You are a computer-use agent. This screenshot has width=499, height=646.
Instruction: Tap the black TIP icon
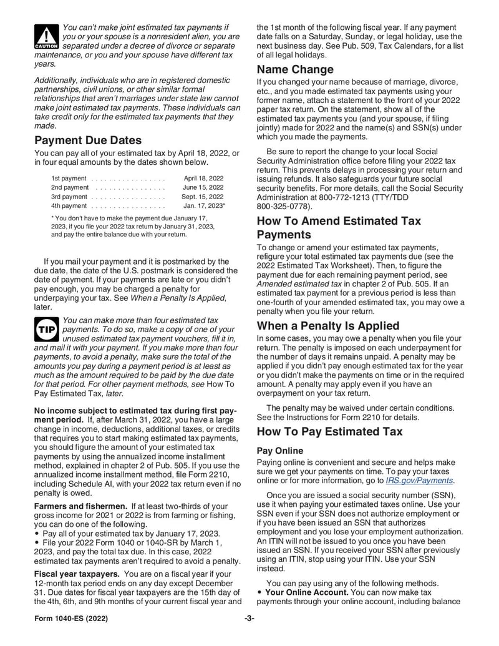click(46, 329)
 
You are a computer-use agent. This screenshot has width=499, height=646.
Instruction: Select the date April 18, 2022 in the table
click(204, 178)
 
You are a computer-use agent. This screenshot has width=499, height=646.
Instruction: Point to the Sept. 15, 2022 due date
click(201, 197)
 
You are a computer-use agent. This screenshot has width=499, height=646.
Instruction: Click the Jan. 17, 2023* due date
click(203, 205)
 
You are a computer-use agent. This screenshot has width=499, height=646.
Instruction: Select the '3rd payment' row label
click(69, 197)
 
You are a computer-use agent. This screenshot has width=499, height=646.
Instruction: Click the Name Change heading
click(295, 69)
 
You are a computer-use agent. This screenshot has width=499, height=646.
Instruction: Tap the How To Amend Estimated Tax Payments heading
click(339, 228)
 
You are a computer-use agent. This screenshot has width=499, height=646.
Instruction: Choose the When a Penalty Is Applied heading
click(328, 326)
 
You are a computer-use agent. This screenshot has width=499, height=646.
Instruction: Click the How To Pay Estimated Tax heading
click(329, 431)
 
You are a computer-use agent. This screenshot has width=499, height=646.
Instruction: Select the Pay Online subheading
click(280, 450)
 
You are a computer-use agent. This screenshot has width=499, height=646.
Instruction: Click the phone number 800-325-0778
click(283, 206)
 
